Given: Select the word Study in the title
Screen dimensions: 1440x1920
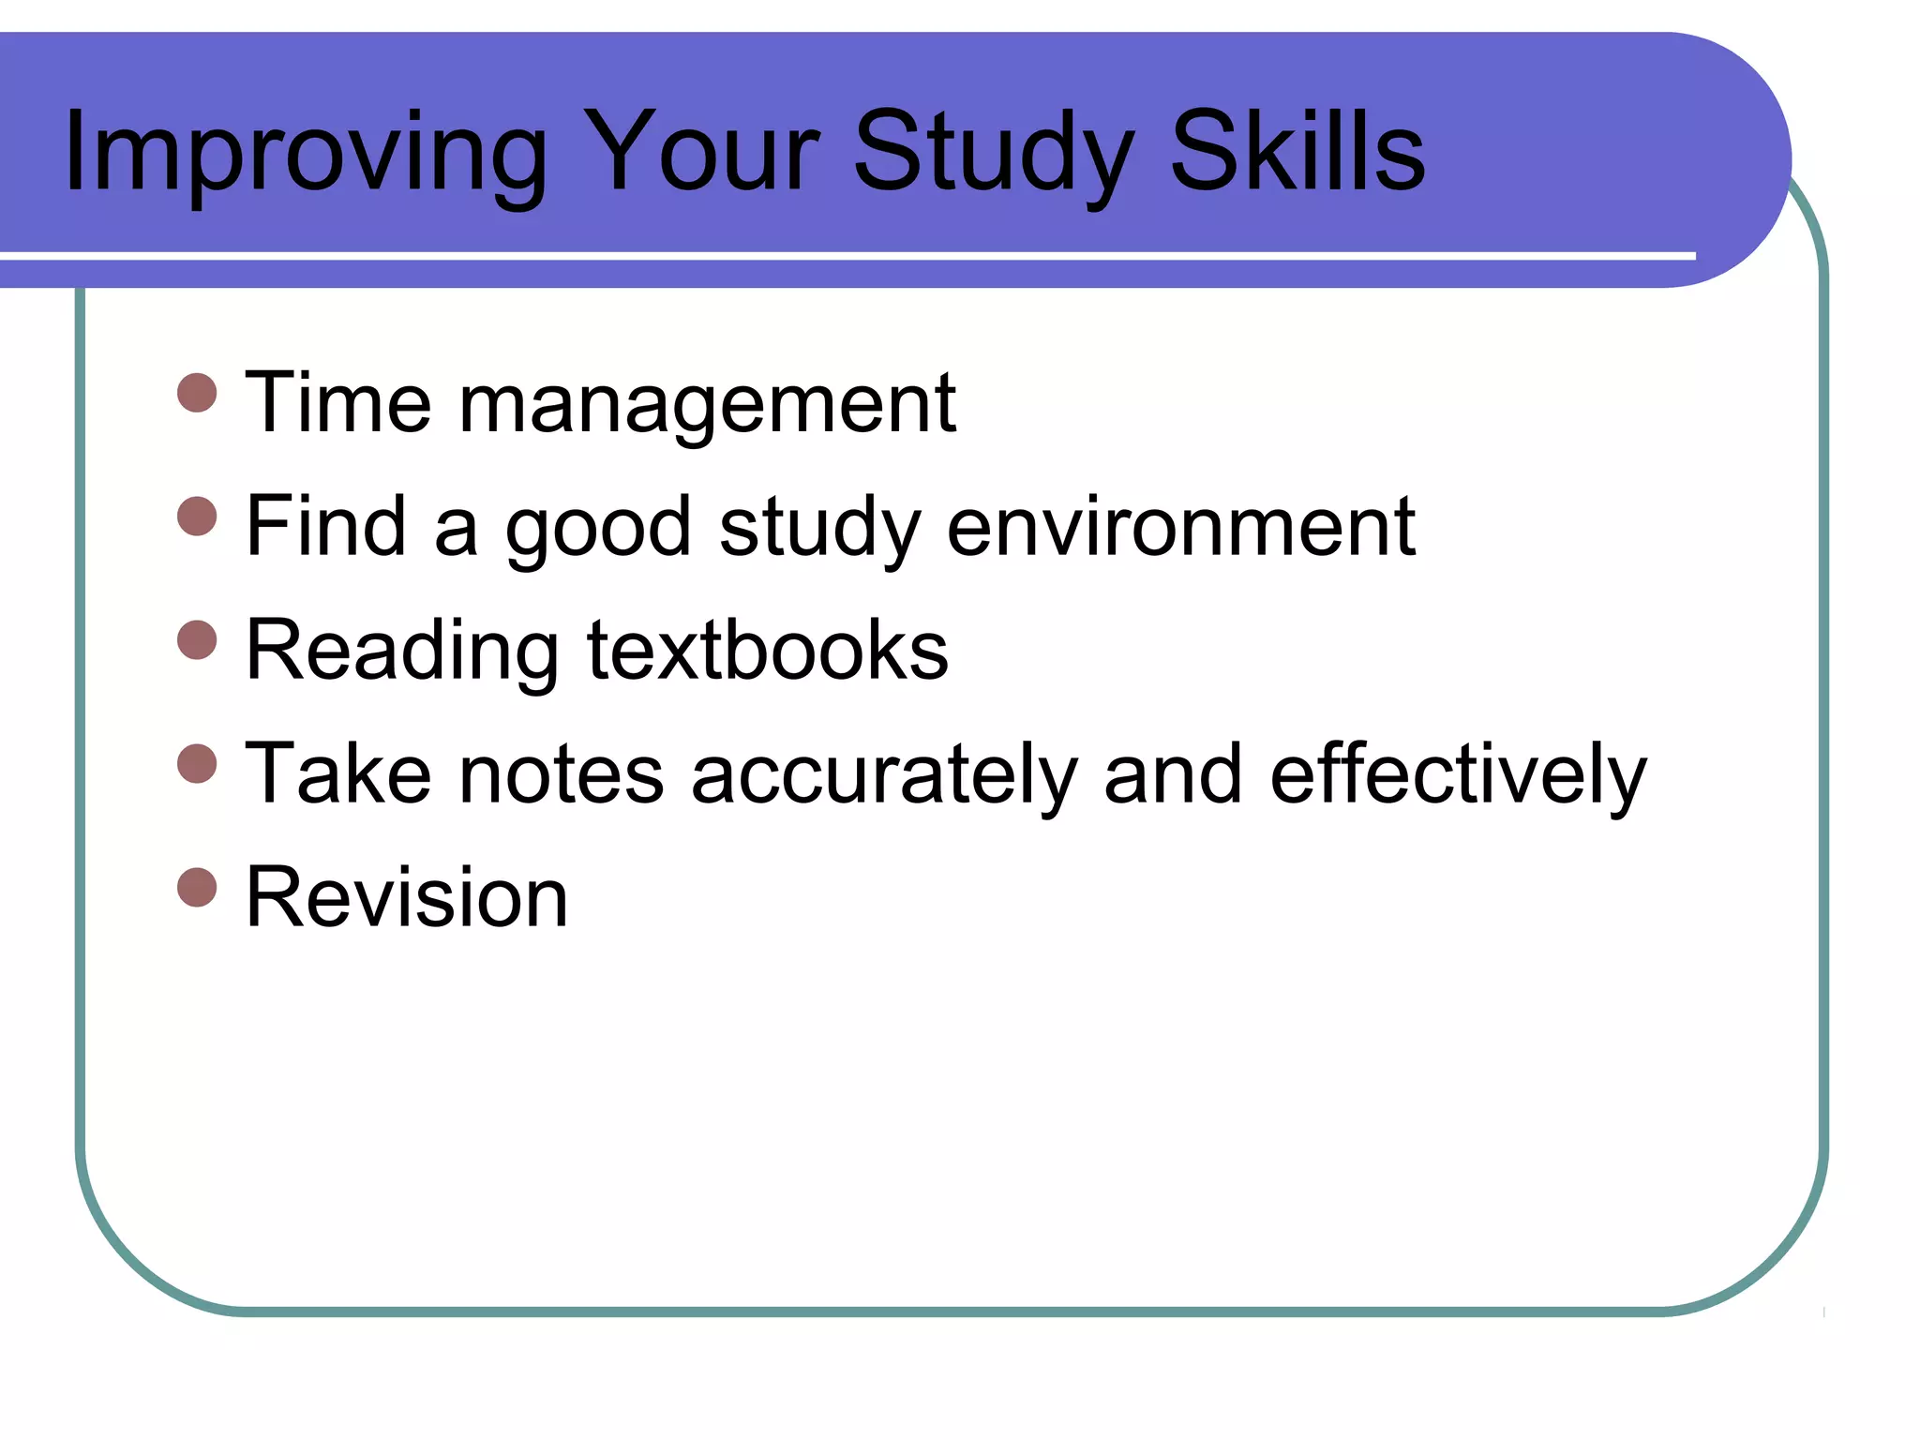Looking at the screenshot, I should pos(995,152).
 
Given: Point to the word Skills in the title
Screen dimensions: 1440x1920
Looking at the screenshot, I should pos(1297,152).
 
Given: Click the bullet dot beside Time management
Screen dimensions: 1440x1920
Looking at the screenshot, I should pos(197,393).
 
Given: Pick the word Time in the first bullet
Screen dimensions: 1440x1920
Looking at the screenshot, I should pos(338,402).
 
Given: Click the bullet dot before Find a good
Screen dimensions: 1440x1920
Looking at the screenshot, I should pos(197,516).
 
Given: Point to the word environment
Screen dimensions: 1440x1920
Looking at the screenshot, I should pos(1181,526).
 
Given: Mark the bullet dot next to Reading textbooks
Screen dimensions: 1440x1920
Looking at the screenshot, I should pos(197,639).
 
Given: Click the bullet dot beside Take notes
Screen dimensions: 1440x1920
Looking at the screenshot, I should pos(197,763).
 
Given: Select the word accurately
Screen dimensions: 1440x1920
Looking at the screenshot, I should pos(884,774).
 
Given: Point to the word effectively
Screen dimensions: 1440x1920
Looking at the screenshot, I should pos(1458,774).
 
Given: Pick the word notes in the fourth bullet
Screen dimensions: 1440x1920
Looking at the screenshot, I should pos(561,774).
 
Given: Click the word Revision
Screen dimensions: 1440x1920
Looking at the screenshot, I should pos(407,897).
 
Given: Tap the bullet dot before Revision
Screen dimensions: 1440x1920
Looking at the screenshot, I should pos(197,887).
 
